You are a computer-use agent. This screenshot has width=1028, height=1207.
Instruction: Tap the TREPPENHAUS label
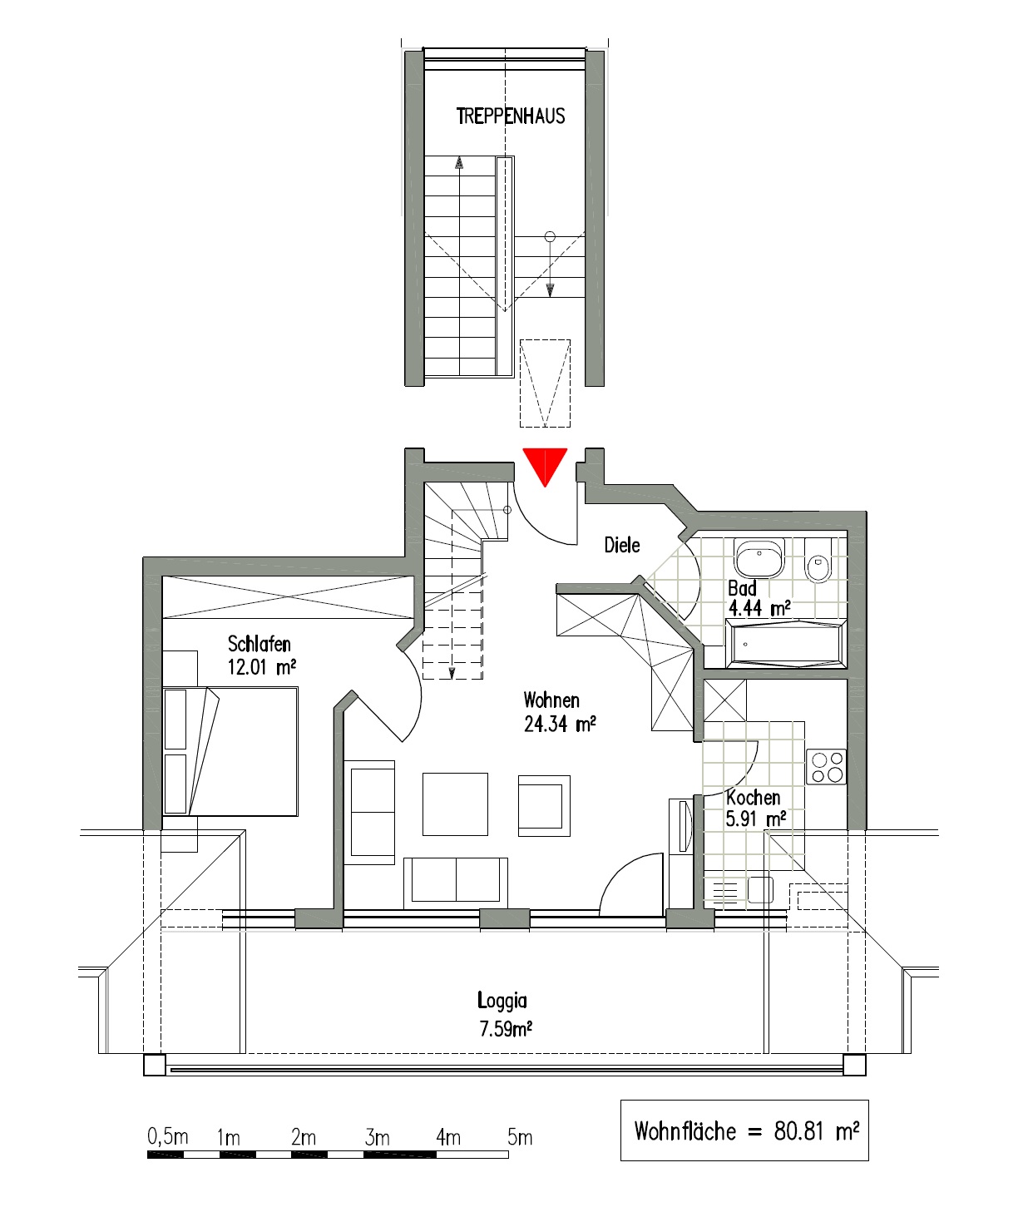[x=511, y=116]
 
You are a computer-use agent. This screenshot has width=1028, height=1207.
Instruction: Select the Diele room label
[x=622, y=546]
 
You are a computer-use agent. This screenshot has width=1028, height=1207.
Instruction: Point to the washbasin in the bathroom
[x=759, y=559]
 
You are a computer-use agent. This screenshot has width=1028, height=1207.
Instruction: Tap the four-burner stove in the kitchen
[x=826, y=767]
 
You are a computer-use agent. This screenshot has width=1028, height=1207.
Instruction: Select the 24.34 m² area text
[x=560, y=725]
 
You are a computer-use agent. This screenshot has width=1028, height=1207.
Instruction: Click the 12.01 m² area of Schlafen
[x=262, y=667]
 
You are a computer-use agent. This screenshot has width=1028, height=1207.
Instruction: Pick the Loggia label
[x=502, y=1001]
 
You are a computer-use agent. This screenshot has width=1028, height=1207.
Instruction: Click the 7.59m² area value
[x=506, y=1030]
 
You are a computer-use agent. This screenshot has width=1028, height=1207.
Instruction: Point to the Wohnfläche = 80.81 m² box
[x=744, y=1130]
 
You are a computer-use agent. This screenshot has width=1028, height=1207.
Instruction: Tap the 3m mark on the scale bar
[x=377, y=1137]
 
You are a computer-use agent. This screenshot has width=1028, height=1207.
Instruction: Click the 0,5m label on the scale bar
[x=168, y=1136]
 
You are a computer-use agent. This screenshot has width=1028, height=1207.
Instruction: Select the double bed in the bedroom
[x=230, y=751]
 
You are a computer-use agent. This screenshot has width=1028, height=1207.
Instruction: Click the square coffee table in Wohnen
[x=455, y=804]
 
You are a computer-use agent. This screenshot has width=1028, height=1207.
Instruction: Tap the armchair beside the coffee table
[x=544, y=805]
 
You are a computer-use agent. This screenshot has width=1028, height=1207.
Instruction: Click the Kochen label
[x=754, y=798]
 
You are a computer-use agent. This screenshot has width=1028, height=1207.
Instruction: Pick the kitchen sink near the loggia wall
[x=760, y=890]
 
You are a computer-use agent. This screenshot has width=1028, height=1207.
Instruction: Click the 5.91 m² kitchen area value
[x=755, y=819]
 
